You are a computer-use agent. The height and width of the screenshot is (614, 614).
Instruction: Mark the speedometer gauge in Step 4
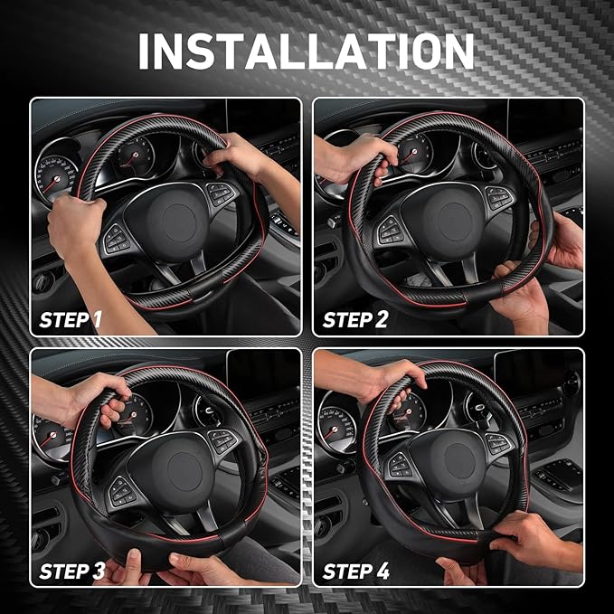pos(336,425)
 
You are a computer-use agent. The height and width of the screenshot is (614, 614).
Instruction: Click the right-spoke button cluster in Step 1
pos(221,194)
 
